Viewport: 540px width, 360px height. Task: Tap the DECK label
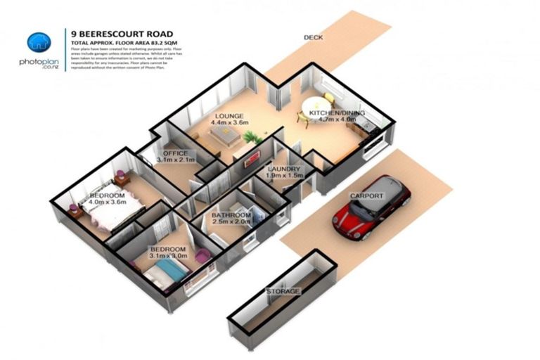point(313,37)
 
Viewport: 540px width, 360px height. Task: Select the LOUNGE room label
point(230,116)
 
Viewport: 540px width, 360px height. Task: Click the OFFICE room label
point(174,153)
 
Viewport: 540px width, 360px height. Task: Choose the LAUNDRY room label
point(284,169)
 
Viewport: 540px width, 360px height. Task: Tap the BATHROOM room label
point(232,215)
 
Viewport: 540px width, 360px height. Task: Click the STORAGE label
point(283,291)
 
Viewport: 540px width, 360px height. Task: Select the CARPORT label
point(366,195)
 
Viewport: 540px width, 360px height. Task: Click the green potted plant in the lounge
point(252,138)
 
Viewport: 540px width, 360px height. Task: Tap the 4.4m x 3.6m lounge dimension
point(230,123)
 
